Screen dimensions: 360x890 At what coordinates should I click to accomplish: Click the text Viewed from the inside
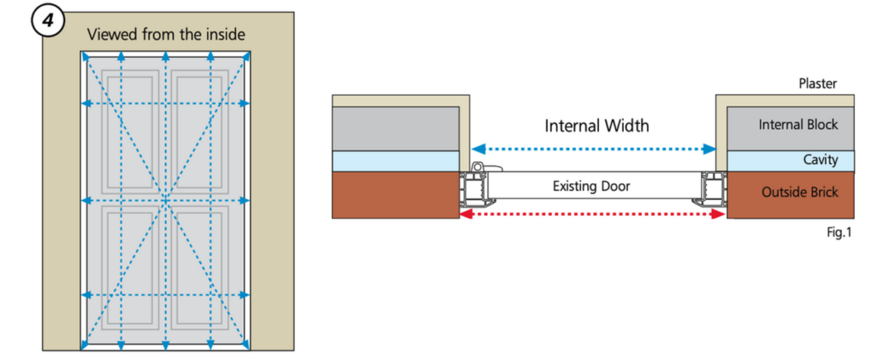click(166, 35)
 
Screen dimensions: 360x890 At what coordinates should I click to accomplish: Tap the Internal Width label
click(597, 126)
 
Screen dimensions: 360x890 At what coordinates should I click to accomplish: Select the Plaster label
click(818, 83)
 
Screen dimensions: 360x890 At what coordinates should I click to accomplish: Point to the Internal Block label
click(798, 124)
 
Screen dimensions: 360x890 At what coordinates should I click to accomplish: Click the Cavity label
click(820, 159)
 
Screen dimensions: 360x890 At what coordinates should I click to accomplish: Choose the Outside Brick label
click(800, 192)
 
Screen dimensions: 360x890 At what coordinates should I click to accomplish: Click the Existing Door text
click(591, 187)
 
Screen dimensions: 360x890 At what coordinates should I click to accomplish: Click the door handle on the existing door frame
click(486, 168)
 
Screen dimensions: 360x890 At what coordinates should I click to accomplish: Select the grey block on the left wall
click(396, 128)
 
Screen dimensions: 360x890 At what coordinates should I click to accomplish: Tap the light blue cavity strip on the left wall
click(396, 161)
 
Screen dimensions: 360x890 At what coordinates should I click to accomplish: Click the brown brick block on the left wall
click(396, 194)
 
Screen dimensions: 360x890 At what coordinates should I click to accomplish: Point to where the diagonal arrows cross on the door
click(166, 201)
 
